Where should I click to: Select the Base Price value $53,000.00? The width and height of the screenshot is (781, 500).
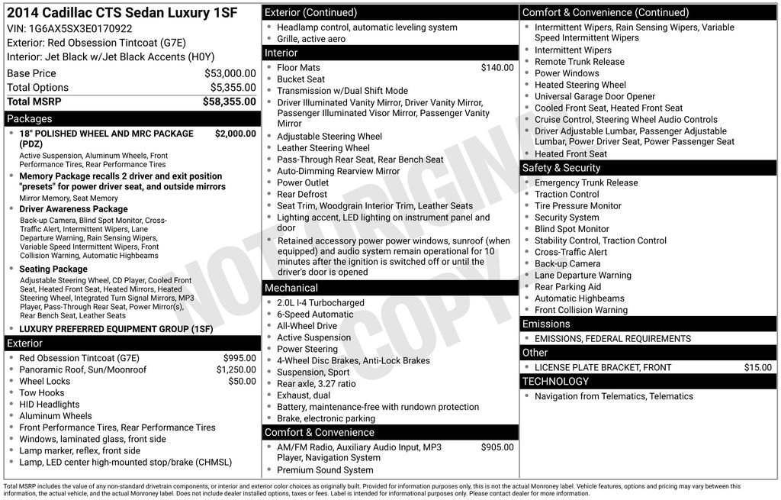[x=230, y=73]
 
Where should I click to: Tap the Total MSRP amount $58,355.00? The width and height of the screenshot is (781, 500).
[x=229, y=102]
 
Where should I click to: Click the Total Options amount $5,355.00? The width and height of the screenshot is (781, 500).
[x=232, y=88]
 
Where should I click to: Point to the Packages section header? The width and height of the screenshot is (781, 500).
[x=30, y=119]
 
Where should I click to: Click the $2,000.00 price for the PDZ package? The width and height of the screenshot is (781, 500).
[x=235, y=134]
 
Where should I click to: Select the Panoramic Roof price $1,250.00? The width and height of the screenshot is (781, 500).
[x=236, y=369]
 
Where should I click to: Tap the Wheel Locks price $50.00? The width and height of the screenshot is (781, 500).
[x=243, y=381]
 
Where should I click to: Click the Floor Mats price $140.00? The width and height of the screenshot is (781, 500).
[x=497, y=68]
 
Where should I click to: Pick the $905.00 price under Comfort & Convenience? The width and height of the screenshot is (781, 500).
[x=497, y=447]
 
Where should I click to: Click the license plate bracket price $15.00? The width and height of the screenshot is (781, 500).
[x=757, y=367]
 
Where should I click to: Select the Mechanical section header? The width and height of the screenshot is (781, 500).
[x=291, y=288]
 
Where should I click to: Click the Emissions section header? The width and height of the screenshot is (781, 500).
[x=546, y=324]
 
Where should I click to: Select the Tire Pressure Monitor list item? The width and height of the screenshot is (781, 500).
[x=577, y=206]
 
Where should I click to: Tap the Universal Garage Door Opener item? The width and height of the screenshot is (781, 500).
[x=595, y=96]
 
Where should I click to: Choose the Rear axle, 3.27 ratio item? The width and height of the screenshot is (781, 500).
[x=316, y=384]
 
